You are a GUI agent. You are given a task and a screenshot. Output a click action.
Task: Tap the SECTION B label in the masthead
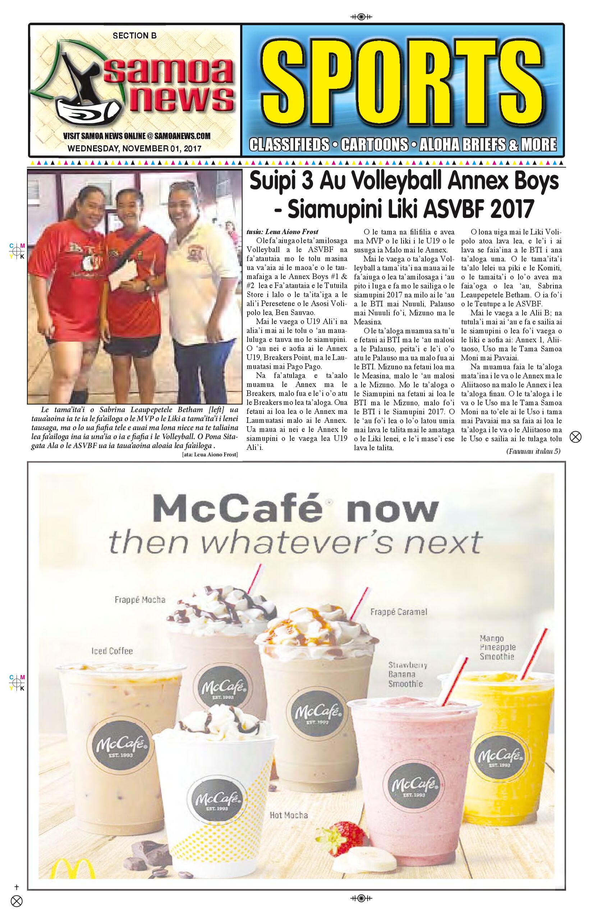click(x=134, y=36)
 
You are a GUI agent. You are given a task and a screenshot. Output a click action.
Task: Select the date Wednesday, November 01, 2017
click(x=134, y=148)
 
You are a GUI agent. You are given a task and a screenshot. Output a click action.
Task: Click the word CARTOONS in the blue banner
click(x=374, y=145)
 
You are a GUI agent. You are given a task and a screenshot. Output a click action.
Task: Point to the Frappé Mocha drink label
click(x=140, y=599)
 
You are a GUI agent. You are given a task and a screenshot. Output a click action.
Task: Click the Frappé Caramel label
click(x=399, y=611)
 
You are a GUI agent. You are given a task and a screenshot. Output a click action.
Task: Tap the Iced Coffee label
click(x=112, y=651)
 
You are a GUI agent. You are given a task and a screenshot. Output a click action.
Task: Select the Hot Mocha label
click(x=288, y=815)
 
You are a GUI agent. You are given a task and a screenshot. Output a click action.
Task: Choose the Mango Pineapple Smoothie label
click(x=497, y=647)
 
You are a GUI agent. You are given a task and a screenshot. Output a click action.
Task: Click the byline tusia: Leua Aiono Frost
click(x=282, y=232)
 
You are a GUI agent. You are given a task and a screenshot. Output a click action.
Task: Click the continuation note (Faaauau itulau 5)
click(x=533, y=451)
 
